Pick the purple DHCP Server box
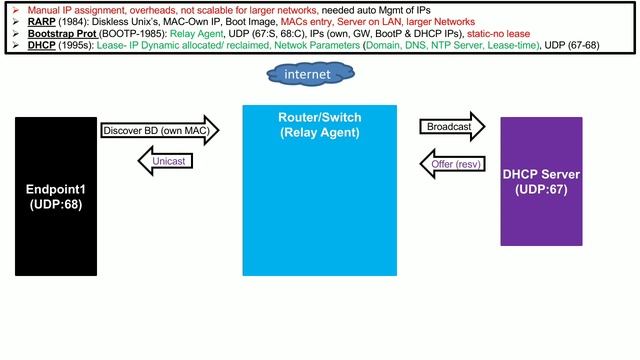540,181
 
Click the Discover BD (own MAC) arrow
150,130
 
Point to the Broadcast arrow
449,127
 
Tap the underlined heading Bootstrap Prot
59,32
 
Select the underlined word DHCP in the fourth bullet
41,44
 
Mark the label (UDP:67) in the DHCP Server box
540,189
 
